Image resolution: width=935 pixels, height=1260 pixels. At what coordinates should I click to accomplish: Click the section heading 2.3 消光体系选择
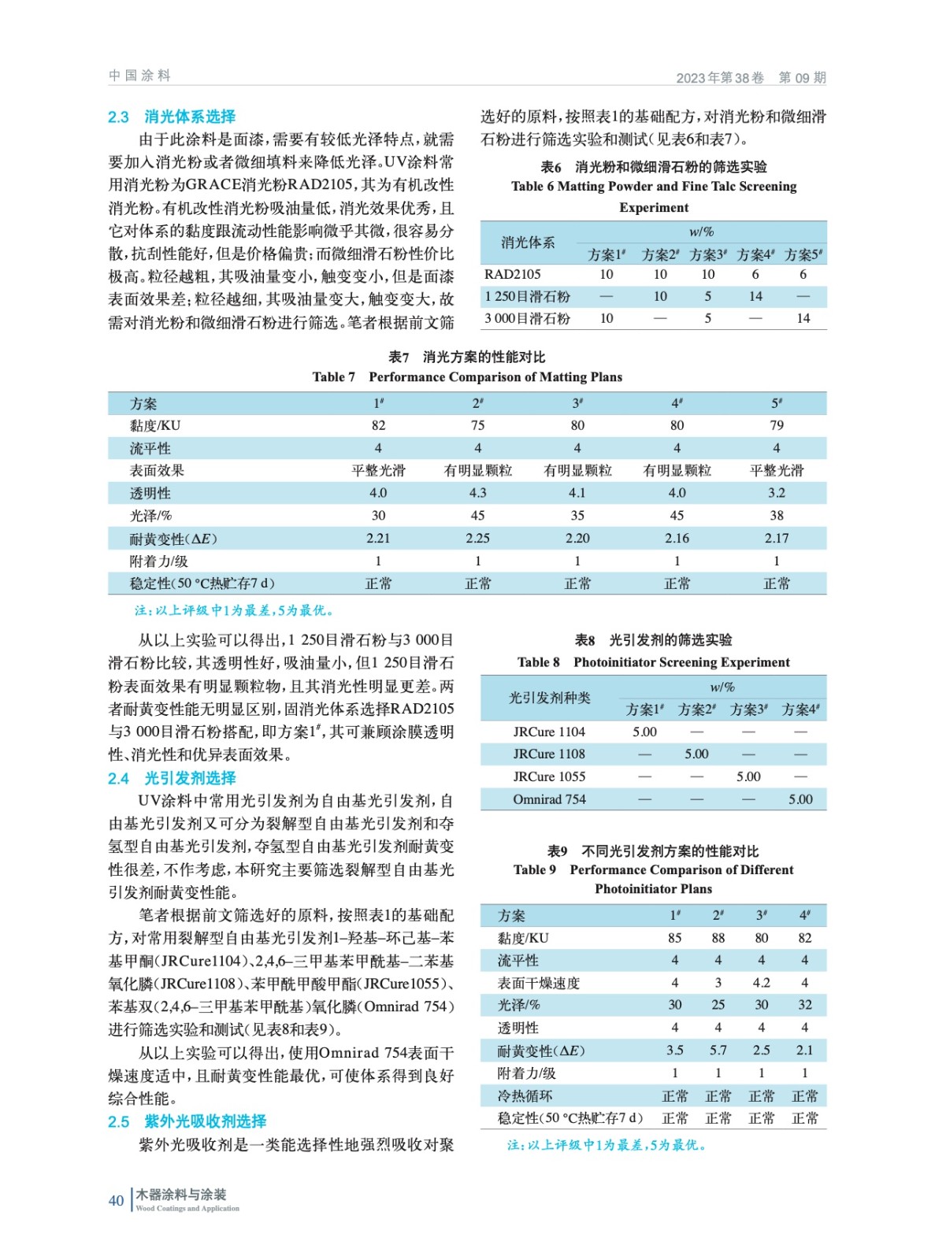172,117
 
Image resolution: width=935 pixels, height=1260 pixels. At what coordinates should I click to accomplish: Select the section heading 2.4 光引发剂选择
172,778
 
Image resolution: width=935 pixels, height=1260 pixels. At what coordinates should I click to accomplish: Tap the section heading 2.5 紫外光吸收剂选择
187,1121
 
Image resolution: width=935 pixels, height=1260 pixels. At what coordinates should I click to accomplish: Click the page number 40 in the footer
116,1200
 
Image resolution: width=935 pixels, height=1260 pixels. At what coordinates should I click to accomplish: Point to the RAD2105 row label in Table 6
513,274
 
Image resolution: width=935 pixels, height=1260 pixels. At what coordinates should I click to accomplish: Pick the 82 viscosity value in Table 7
378,425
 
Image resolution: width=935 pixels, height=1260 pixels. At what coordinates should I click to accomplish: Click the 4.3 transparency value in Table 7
477,493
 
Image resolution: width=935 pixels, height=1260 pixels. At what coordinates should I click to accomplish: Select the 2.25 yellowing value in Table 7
477,539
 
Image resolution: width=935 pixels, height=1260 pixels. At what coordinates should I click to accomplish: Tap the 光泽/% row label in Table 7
150,516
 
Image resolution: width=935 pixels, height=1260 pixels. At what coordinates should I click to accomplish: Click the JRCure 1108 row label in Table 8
549,754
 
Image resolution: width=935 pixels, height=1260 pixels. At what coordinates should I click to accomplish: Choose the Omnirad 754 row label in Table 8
549,799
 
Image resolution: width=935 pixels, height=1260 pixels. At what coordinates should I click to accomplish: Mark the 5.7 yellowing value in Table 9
718,1051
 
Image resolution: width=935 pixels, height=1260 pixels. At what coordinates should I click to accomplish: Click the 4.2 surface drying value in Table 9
761,983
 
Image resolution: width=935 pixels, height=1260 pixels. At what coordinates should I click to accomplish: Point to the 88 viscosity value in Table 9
718,938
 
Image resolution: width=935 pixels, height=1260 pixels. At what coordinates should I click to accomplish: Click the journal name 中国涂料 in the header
139,76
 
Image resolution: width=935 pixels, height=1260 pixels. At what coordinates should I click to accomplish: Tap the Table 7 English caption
467,377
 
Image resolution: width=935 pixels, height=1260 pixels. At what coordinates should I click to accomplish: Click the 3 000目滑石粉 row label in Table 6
527,319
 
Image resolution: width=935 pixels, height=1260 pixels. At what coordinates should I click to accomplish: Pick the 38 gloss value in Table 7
776,516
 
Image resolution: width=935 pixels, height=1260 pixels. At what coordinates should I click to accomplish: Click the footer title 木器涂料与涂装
181,1195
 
